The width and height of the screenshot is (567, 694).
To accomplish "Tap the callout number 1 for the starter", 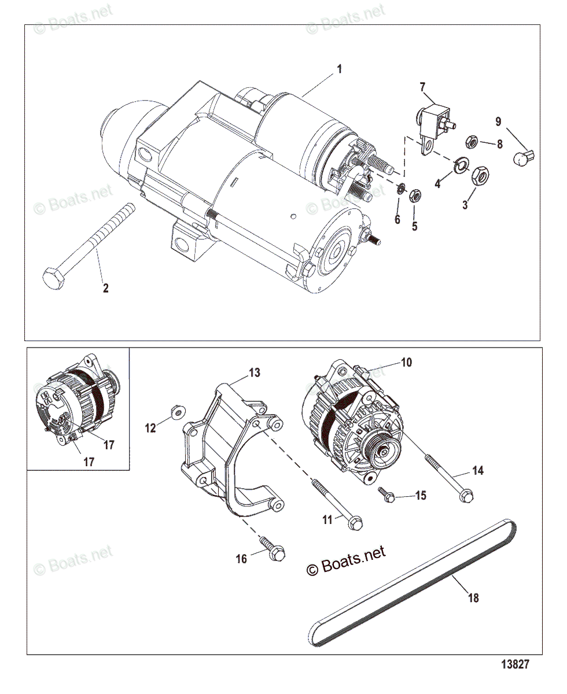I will click(x=340, y=69).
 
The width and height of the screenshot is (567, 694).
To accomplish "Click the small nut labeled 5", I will click(x=414, y=195).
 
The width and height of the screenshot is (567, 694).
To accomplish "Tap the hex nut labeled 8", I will click(x=471, y=141).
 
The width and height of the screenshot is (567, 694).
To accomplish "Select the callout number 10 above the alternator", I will click(x=406, y=363).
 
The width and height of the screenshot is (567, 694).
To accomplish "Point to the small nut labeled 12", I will click(x=178, y=412).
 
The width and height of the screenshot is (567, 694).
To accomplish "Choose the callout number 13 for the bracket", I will click(x=255, y=373).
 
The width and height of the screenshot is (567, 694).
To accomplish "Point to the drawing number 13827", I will click(x=514, y=665).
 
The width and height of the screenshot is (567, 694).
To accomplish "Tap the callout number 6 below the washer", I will click(x=397, y=220).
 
